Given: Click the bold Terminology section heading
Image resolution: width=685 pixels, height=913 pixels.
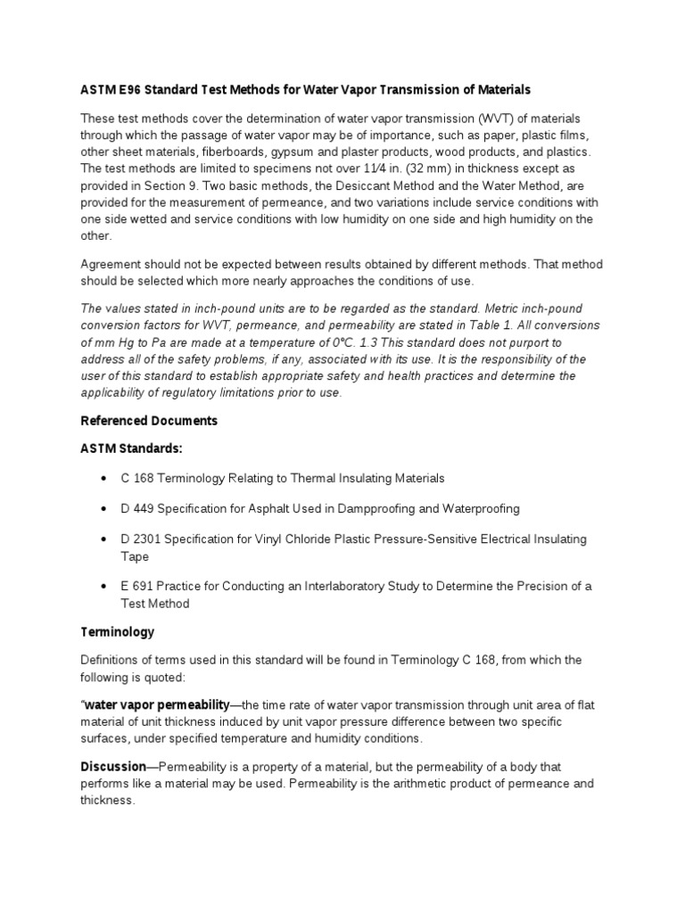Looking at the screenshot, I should (x=117, y=631).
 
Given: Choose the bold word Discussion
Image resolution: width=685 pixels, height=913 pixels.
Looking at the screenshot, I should (x=113, y=767).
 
